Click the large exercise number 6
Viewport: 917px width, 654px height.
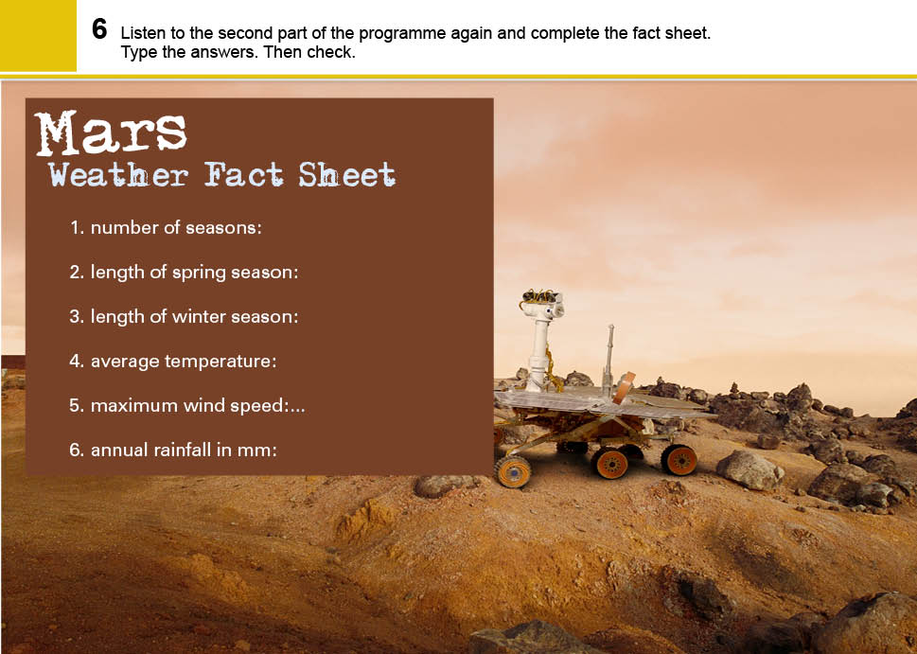[x=99, y=28]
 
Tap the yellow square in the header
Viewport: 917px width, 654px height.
[x=38, y=35]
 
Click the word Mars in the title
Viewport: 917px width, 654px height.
[x=111, y=133]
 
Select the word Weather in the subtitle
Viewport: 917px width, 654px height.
[x=118, y=174]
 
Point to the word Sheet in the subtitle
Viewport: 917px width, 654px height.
[x=346, y=174]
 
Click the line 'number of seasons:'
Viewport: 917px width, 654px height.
[x=166, y=227]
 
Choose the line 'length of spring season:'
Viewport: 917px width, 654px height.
[x=184, y=273]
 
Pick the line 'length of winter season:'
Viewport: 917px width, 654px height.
[x=184, y=317]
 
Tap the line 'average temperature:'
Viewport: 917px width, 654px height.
[x=172, y=362]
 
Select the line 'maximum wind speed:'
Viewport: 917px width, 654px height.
[x=187, y=406]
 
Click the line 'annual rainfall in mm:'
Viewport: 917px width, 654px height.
[x=173, y=451]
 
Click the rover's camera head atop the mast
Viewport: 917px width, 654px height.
[x=542, y=302]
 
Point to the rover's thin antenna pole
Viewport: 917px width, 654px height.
[x=609, y=358]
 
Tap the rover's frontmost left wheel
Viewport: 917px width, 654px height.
[x=513, y=471]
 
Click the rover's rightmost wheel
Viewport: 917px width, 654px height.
[x=679, y=460]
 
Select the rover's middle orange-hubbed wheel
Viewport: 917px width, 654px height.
[x=610, y=464]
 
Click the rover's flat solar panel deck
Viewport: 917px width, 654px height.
[x=603, y=403]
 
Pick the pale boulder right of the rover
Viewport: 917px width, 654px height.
[x=749, y=469]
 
